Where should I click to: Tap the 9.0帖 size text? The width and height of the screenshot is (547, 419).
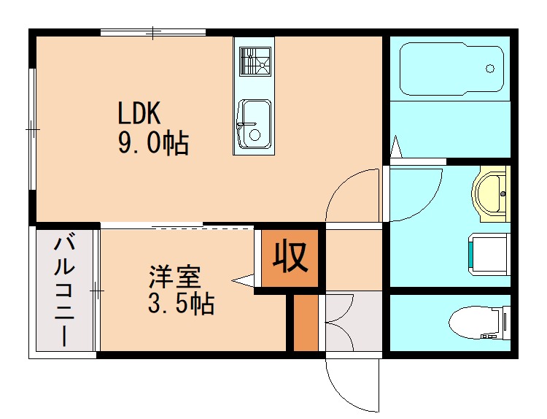click(x=153, y=143)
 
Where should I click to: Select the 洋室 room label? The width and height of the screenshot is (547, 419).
click(x=174, y=277)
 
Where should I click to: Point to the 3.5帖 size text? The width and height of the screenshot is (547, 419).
click(x=181, y=304)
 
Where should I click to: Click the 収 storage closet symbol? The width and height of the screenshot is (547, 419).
click(x=290, y=256)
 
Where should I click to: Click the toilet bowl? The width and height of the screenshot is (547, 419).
click(x=477, y=322)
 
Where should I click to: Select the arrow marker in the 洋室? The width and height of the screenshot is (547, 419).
click(x=242, y=280)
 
